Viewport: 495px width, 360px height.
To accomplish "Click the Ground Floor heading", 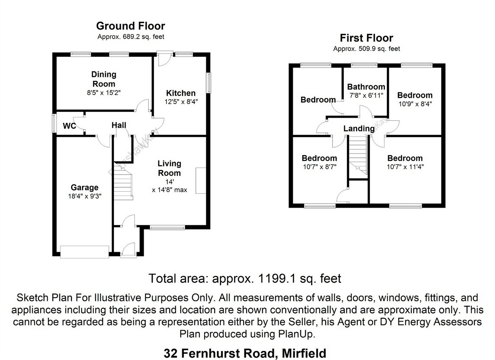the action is [131, 26].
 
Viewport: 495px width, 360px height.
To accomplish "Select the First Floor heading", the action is [366, 38].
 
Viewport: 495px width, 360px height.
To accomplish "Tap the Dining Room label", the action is [104, 79].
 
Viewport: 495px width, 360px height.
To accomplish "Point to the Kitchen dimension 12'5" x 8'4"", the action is [181, 102].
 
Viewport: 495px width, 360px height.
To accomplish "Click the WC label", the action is [69, 126].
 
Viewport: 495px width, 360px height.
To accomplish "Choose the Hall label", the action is [119, 126].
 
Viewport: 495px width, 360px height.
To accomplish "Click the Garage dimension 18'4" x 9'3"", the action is [85, 196].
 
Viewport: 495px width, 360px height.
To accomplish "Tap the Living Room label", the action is [169, 168].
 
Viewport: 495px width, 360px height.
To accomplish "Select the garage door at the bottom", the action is [85, 251].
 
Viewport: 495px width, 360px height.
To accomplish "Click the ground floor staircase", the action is [123, 181].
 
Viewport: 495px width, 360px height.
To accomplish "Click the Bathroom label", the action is [366, 87].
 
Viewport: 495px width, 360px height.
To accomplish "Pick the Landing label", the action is [359, 128].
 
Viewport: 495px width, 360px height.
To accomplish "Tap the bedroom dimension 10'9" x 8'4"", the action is [415, 104].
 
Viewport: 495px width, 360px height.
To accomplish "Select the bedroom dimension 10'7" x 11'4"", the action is [405, 167].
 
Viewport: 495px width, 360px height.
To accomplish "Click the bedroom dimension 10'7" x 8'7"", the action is [319, 167].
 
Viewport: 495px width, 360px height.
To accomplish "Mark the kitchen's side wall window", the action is [209, 83].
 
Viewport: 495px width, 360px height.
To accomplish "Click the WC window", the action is [54, 123].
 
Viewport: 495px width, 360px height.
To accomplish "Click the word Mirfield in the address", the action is [304, 353].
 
